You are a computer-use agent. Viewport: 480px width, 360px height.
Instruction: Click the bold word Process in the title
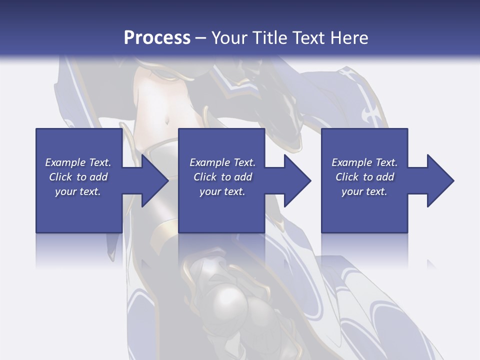coord(157,37)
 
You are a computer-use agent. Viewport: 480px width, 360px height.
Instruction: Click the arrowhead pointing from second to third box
coord(296,180)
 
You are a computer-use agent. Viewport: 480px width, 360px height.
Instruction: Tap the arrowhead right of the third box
coord(439,180)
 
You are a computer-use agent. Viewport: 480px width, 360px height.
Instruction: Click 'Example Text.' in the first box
coord(78,162)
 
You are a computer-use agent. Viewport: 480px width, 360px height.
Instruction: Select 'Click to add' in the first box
coord(78,177)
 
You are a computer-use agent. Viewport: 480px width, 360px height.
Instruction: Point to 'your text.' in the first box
coord(78,191)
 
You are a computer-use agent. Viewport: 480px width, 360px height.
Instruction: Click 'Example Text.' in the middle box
coord(222,162)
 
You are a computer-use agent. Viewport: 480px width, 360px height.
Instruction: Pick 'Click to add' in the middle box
coord(222,177)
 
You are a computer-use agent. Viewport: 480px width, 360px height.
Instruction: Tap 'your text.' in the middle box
coord(222,191)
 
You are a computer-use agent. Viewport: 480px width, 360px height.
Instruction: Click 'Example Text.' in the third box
coord(364,162)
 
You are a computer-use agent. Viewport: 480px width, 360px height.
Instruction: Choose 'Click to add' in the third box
coord(364,177)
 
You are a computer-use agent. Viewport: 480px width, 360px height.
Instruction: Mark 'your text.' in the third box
coord(364,191)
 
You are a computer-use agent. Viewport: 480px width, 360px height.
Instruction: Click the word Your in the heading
coord(228,37)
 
